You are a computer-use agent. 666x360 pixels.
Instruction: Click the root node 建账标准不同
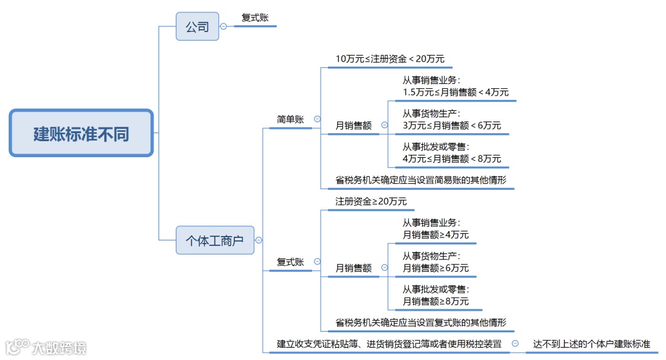pos(81,133)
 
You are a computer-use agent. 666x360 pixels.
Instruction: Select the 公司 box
pos(197,27)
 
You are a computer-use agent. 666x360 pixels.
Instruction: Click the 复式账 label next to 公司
pos(255,18)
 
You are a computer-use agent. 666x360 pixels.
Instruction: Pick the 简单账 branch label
pos(290,120)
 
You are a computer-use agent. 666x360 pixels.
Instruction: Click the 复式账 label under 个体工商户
pos(290,262)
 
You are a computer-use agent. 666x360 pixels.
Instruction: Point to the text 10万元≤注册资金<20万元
pos(390,59)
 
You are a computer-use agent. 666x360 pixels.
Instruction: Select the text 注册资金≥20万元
pos(371,202)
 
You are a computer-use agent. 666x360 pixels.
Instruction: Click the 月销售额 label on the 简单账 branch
pos(353,125)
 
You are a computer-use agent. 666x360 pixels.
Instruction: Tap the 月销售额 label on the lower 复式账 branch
pos(353,268)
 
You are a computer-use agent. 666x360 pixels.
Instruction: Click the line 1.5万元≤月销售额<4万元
pos(456,92)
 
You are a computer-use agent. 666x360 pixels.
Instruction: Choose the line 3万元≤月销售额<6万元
pos(452,125)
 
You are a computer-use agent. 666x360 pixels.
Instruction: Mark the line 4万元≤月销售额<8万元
pos(452,158)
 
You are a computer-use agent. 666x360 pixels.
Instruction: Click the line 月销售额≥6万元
pos(435,268)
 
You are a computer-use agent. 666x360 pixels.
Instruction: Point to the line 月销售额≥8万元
pos(435,301)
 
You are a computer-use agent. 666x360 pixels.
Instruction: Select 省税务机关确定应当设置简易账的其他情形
pos(421,181)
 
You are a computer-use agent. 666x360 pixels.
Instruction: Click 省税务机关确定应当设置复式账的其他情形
pos(421,322)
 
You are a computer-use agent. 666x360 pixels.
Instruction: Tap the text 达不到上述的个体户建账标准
pos(591,345)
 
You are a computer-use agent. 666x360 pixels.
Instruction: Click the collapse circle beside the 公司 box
pos(223,27)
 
